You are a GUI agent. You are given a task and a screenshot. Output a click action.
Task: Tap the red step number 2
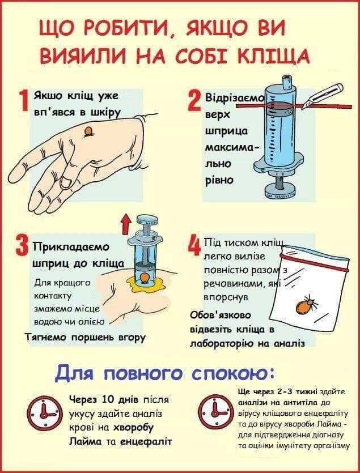(194, 101)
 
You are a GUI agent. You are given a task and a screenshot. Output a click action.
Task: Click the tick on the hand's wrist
(88, 132)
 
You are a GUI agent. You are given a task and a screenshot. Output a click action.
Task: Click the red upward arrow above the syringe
(126, 224)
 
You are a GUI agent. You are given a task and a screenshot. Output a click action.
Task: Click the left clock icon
(45, 414)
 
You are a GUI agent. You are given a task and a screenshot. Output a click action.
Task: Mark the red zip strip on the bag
(315, 263)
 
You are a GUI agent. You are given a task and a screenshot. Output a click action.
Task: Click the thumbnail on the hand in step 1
(66, 182)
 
